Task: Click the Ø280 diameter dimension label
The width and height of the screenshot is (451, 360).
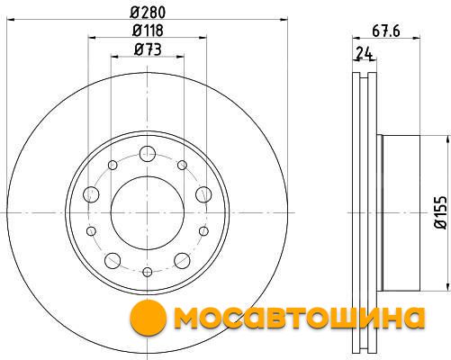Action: (148, 13)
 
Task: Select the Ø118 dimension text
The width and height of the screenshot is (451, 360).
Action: (148, 31)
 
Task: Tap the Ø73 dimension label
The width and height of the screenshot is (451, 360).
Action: (148, 49)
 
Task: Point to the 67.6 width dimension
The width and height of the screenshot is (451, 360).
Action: (386, 31)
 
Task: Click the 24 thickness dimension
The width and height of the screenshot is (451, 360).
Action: (364, 54)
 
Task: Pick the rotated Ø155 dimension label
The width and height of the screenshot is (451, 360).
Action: (441, 212)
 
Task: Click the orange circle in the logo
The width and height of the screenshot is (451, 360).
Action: (149, 318)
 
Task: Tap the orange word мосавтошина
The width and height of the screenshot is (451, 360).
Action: (299, 318)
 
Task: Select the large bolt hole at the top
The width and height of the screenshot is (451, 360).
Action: (148, 154)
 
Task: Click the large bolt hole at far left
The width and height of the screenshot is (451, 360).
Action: (91, 194)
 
